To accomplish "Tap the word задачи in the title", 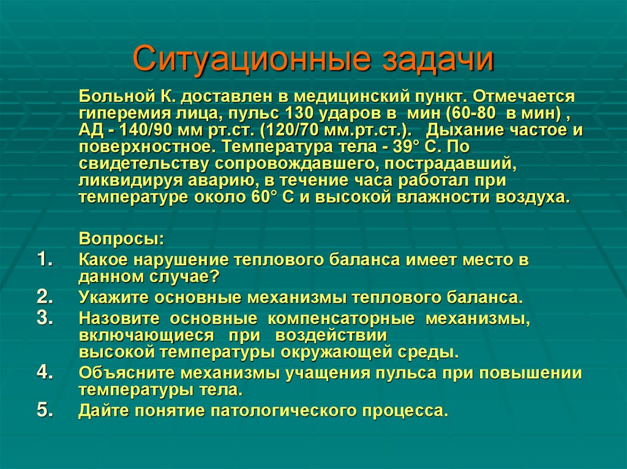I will (438, 60).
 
